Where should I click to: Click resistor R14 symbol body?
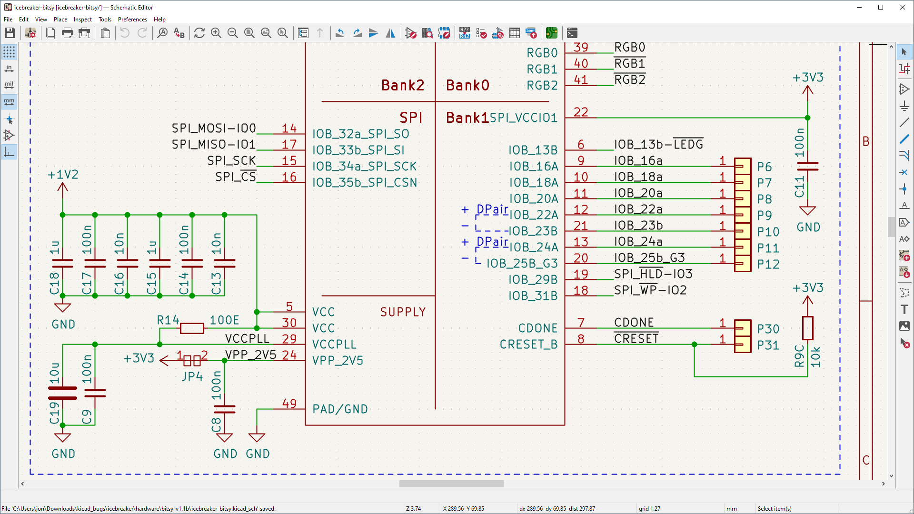pyautogui.click(x=192, y=328)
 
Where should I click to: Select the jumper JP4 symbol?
pyautogui.click(x=192, y=360)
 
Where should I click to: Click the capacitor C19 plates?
pyautogui.click(x=62, y=393)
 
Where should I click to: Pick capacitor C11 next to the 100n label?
pyautogui.click(x=807, y=166)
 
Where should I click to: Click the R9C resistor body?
pyautogui.click(x=807, y=328)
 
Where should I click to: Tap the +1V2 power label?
pyautogui.click(x=63, y=175)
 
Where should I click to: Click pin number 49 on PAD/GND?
pyautogui.click(x=289, y=403)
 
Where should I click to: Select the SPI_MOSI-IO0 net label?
pyautogui.click(x=214, y=128)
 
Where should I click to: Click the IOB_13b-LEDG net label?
pyautogui.click(x=658, y=144)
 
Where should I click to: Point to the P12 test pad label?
pyautogui.click(x=768, y=264)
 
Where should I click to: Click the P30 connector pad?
pyautogui.click(x=742, y=328)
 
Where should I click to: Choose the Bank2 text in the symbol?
pyautogui.click(x=402, y=85)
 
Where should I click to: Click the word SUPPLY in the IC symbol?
pyautogui.click(x=403, y=312)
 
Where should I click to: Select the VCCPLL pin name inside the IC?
pyautogui.click(x=334, y=344)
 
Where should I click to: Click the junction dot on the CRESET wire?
pyautogui.click(x=694, y=344)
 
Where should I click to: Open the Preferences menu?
pyautogui.click(x=132, y=20)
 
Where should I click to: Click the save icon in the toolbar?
pyautogui.click(x=10, y=33)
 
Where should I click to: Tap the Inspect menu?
pyautogui.click(x=82, y=20)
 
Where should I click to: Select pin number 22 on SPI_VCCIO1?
pyautogui.click(x=581, y=112)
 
